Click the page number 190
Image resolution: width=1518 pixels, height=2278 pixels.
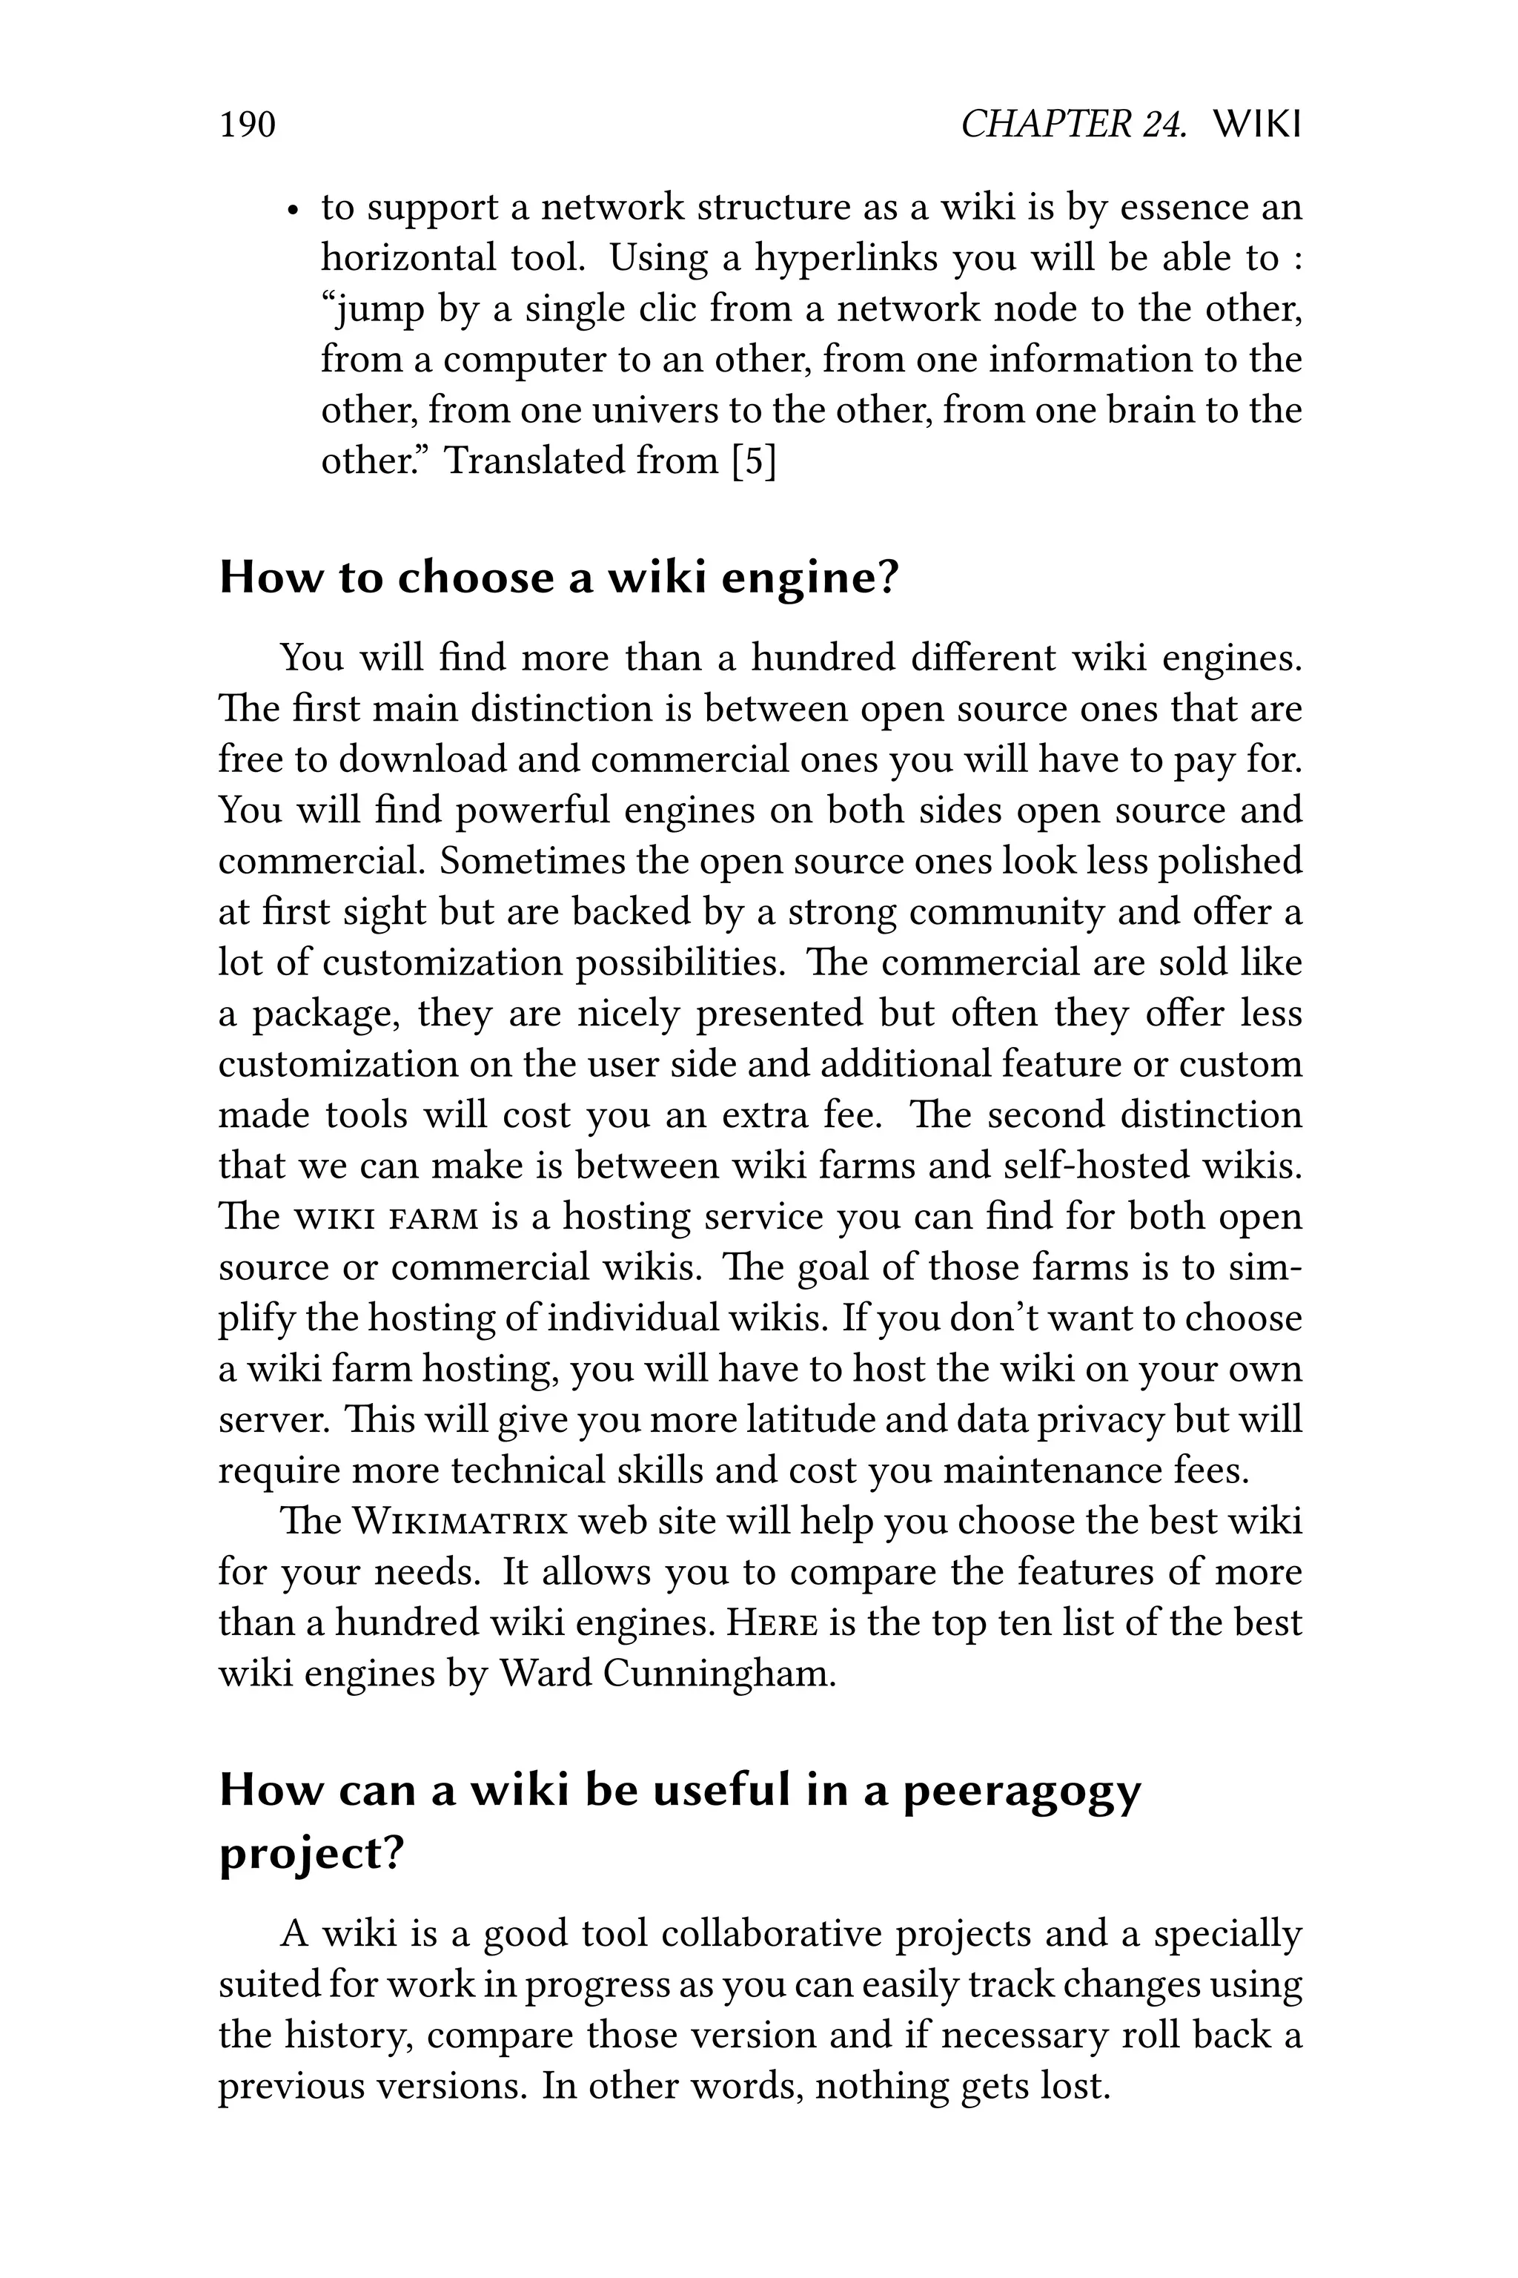(248, 125)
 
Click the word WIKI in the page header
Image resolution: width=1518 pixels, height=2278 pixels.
(1256, 125)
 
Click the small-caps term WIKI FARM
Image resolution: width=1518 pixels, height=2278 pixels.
(386, 1218)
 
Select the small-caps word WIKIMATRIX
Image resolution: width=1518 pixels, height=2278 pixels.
(459, 1522)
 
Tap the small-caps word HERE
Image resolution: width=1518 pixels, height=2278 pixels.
(772, 1623)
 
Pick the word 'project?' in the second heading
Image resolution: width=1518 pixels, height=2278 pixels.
(310, 1855)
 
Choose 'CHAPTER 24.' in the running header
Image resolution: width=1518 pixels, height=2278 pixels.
(1073, 125)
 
